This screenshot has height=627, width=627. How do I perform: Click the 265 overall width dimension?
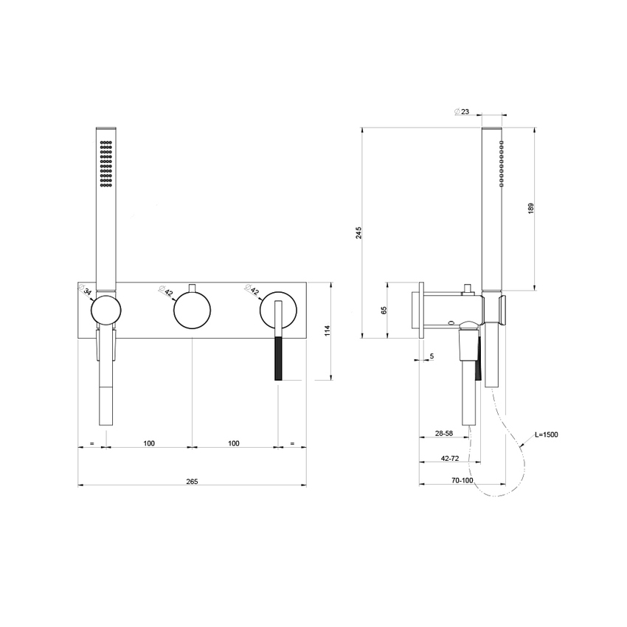click(192, 481)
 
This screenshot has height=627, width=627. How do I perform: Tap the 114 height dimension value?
click(328, 330)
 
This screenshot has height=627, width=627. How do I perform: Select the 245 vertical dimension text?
click(358, 232)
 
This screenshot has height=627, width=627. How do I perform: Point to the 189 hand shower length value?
click(530, 209)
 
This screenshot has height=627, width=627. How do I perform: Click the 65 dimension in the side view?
click(384, 310)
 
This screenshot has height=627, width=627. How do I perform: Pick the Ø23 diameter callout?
click(463, 111)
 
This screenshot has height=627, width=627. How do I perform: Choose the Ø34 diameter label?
click(86, 291)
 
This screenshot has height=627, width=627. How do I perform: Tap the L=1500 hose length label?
click(545, 434)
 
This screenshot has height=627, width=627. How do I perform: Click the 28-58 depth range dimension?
click(443, 433)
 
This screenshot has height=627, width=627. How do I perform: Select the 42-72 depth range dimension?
click(449, 458)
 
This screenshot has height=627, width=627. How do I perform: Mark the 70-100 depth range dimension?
click(463, 480)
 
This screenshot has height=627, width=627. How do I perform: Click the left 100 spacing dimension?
click(148, 443)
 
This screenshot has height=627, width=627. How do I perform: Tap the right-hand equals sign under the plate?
click(292, 443)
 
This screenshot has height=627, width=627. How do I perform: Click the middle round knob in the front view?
click(192, 309)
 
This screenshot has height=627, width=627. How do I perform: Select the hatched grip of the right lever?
click(278, 358)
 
